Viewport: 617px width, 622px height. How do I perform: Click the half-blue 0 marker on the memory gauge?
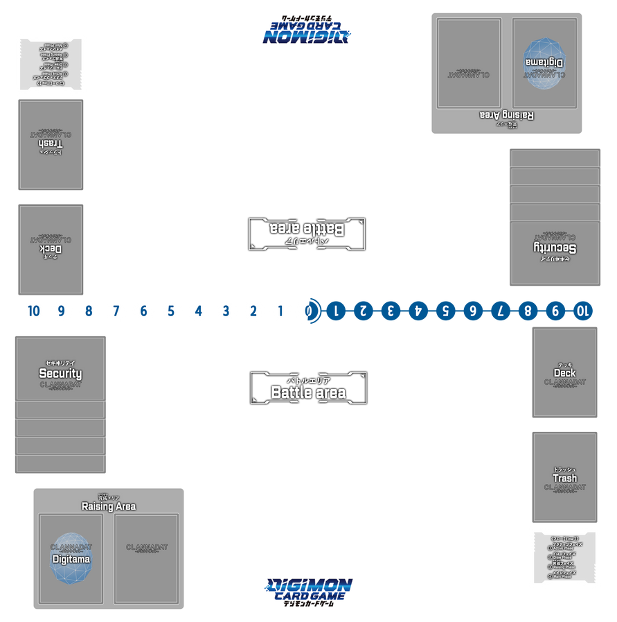point(308,311)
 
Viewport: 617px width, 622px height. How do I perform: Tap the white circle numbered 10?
point(33,311)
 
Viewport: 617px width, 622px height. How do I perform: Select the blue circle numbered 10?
point(583,311)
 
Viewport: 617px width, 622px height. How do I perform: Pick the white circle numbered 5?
point(171,311)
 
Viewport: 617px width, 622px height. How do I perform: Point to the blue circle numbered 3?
point(391,311)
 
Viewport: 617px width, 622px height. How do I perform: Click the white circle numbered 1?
point(280,311)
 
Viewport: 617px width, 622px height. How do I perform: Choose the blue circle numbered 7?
point(501,311)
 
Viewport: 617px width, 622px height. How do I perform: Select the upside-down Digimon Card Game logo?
point(307,30)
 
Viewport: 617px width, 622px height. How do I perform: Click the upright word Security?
point(60,373)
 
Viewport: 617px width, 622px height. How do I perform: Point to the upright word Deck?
point(564,373)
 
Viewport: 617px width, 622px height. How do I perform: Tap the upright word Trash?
point(564,478)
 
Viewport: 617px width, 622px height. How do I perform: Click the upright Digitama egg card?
point(71,558)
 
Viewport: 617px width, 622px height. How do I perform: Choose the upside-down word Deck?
point(51,248)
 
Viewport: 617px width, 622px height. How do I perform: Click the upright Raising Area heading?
point(109,506)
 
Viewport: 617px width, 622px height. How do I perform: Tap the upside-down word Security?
point(555,248)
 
